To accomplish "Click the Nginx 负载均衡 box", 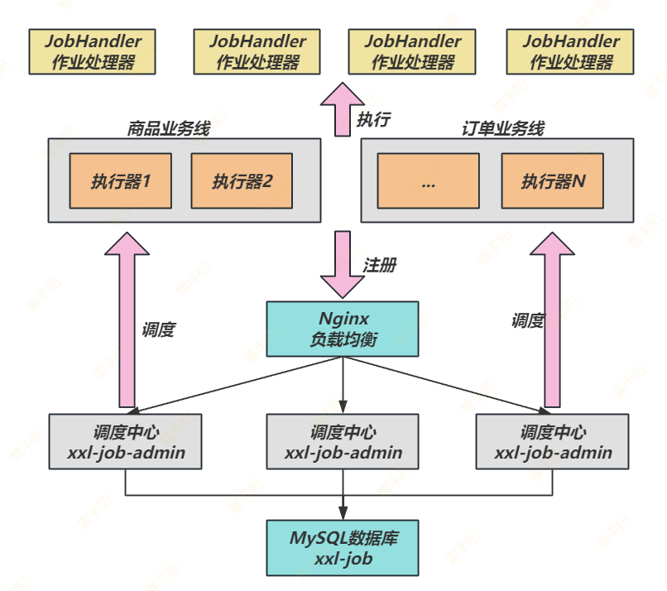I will point(343,329).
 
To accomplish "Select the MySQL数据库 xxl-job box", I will point(343,548).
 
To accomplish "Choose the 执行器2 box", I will point(242,180).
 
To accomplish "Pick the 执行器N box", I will point(552,180).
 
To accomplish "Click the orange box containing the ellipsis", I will point(428,180).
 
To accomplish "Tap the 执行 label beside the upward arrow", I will point(373,119).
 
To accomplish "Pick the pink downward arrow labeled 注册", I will point(342,263).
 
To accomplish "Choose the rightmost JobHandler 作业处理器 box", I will point(571,51).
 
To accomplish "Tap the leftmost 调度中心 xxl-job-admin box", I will point(126,442).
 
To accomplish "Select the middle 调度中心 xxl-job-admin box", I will point(343,442).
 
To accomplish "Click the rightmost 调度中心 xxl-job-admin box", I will point(554,442).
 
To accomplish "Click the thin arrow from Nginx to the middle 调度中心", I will point(343,385).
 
